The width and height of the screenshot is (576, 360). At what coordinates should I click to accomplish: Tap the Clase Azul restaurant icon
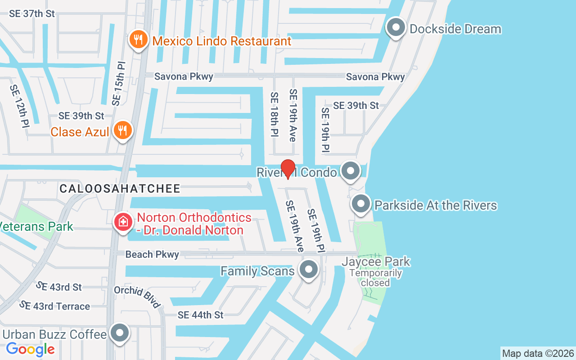[x=122, y=131]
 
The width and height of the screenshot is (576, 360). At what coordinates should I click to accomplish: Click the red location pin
[x=288, y=169]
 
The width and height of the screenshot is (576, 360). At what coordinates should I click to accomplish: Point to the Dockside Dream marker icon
[x=396, y=28]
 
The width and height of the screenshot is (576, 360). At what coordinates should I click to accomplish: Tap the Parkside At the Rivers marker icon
[x=360, y=205]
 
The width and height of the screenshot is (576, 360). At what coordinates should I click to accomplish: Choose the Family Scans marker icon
[x=308, y=270]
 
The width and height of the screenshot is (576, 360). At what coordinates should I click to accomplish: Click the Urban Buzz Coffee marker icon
[x=120, y=334]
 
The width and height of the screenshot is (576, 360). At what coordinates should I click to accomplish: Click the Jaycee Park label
[x=376, y=261]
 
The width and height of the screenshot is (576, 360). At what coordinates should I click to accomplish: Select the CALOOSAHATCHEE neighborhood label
[x=120, y=189]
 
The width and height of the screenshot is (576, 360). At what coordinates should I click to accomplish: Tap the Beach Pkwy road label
[x=152, y=255]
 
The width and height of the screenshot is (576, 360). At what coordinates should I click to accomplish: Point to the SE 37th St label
[x=32, y=13]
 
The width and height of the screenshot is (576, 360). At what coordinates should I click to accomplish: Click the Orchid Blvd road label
[x=137, y=297]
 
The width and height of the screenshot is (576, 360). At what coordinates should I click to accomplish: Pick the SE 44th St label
[x=200, y=315]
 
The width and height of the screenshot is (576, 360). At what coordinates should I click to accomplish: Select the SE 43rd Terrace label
[x=54, y=306]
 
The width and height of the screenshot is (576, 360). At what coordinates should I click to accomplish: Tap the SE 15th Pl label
[x=118, y=83]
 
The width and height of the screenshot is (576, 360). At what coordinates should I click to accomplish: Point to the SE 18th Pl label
[x=274, y=114]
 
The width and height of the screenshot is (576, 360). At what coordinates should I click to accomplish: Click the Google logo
[x=30, y=349]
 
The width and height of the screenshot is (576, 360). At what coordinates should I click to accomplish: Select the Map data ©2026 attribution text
[x=538, y=353]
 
